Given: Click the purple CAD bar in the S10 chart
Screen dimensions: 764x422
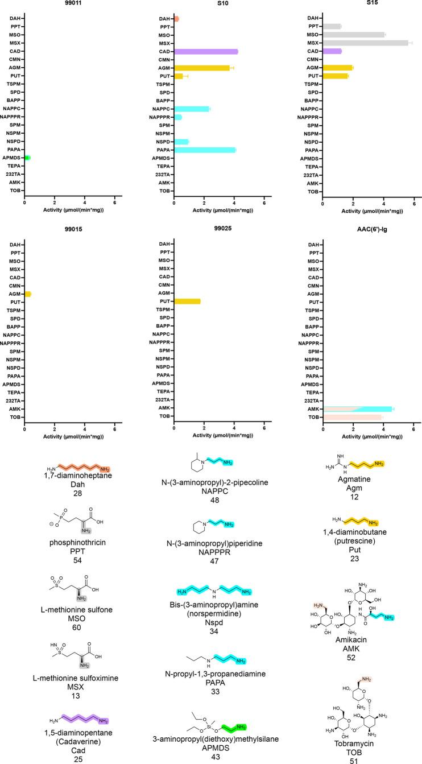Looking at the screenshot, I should coord(206,51).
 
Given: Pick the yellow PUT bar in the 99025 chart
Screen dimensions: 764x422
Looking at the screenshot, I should coord(187,301).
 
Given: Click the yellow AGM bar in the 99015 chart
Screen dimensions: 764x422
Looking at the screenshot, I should coord(28,294).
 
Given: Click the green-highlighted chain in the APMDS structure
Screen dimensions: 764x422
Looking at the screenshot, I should coord(229,721).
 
